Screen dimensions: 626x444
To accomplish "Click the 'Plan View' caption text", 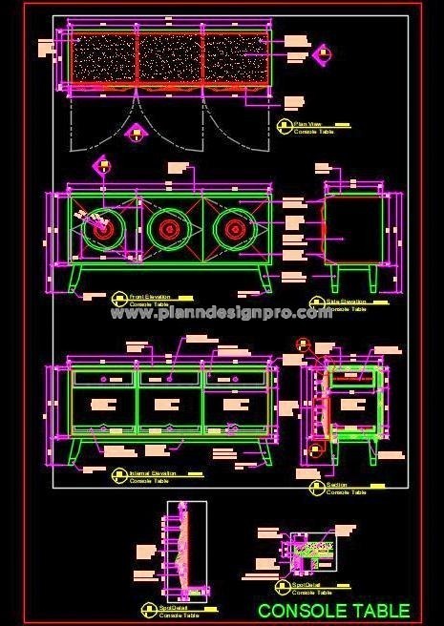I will (x=307, y=123).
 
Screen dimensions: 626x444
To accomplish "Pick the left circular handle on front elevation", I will (x=99, y=229).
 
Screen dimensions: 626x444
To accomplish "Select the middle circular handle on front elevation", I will (x=168, y=228).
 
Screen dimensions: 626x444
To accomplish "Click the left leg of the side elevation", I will (x=337, y=279).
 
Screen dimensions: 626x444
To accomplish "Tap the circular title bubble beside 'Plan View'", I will (x=283, y=125).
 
